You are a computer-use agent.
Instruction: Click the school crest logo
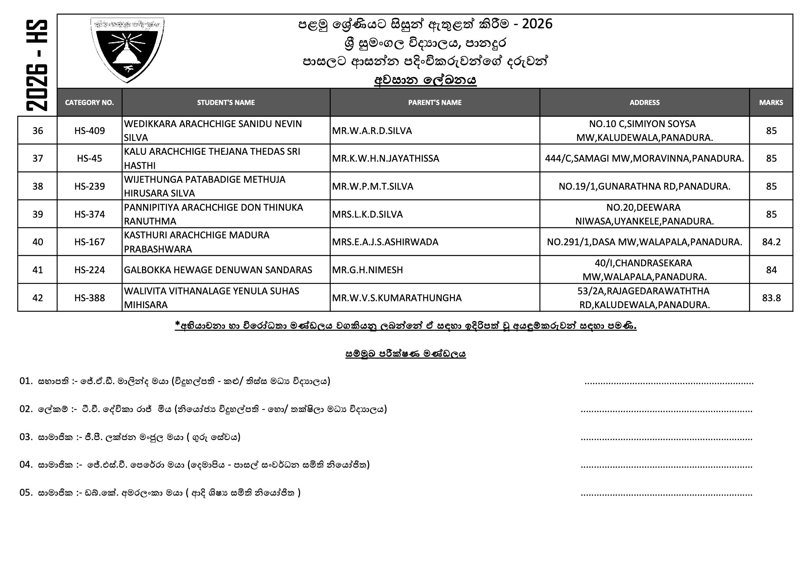pyautogui.click(x=127, y=50)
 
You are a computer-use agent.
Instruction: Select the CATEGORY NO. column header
pyautogui.click(x=90, y=102)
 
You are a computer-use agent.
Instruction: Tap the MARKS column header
pyautogui.click(x=771, y=102)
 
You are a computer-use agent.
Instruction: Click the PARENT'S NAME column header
pyautogui.click(x=435, y=102)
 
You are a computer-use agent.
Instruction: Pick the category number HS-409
pyautogui.click(x=90, y=131)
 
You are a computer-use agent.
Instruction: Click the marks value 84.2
pyautogui.click(x=771, y=242)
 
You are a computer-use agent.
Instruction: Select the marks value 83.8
pyautogui.click(x=771, y=298)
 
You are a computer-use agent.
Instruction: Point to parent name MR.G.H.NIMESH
pyautogui.click(x=367, y=270)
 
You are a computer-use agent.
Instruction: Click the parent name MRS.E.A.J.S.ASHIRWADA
pyautogui.click(x=385, y=242)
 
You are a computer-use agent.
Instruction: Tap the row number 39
pyautogui.click(x=38, y=214)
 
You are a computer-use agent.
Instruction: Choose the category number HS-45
pyautogui.click(x=90, y=158)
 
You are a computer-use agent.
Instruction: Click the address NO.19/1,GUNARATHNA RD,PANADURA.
pyautogui.click(x=644, y=186)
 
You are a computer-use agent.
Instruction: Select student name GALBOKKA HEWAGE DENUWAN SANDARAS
pyautogui.click(x=218, y=270)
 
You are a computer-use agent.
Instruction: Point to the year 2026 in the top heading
pyautogui.click(x=537, y=24)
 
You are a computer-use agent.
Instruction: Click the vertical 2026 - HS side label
pyautogui.click(x=37, y=65)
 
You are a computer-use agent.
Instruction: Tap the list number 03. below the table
pyautogui.click(x=26, y=437)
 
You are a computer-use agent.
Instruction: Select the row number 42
pyautogui.click(x=38, y=298)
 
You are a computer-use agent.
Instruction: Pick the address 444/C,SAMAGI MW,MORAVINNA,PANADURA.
pyautogui.click(x=644, y=158)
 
